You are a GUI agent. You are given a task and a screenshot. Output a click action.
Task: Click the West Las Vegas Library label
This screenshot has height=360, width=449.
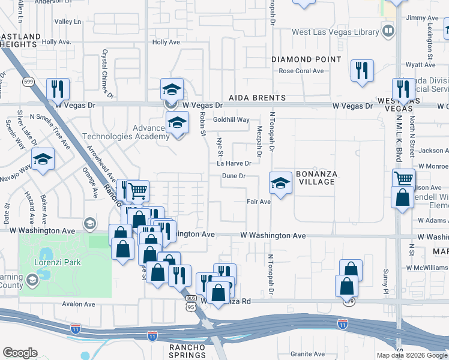click(335, 31)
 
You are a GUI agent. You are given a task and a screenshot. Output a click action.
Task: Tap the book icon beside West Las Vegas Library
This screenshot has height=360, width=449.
click(388, 31)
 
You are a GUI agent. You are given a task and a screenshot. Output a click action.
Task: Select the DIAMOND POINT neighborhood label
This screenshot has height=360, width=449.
click(306, 59)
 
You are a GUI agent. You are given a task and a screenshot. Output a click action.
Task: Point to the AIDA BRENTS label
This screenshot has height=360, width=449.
click(256, 98)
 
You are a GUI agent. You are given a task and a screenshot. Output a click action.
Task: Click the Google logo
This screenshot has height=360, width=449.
click(20, 353)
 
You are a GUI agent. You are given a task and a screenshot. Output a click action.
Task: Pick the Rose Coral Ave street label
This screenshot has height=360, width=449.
click(301, 71)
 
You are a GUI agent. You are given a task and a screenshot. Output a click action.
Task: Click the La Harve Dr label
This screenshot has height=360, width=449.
click(234, 163)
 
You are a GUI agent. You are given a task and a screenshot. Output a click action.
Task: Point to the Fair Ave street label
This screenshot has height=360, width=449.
click(259, 202)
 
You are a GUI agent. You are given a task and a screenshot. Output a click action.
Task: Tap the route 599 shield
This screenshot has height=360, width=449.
click(28, 80)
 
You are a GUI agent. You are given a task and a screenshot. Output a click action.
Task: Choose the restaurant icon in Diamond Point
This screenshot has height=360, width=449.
click(362, 71)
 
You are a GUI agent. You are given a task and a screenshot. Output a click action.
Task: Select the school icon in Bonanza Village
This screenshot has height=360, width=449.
click(280, 183)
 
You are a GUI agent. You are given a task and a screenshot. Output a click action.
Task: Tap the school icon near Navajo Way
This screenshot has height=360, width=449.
click(43, 160)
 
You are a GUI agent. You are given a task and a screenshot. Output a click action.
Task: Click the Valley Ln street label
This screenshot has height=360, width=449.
click(67, 22)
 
